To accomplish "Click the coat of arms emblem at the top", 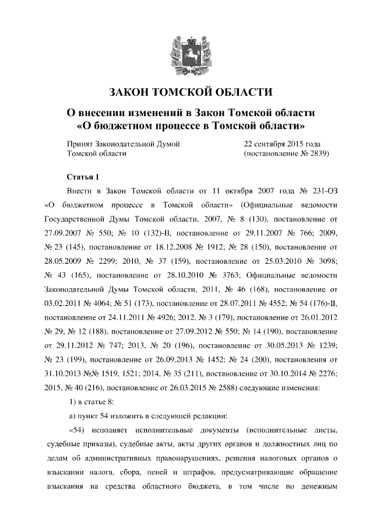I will point(186,53).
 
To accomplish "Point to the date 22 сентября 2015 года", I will point(281,144).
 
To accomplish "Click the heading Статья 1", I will point(84,177).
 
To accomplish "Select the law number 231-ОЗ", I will point(323,191).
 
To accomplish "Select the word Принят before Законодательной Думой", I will point(80,144).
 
